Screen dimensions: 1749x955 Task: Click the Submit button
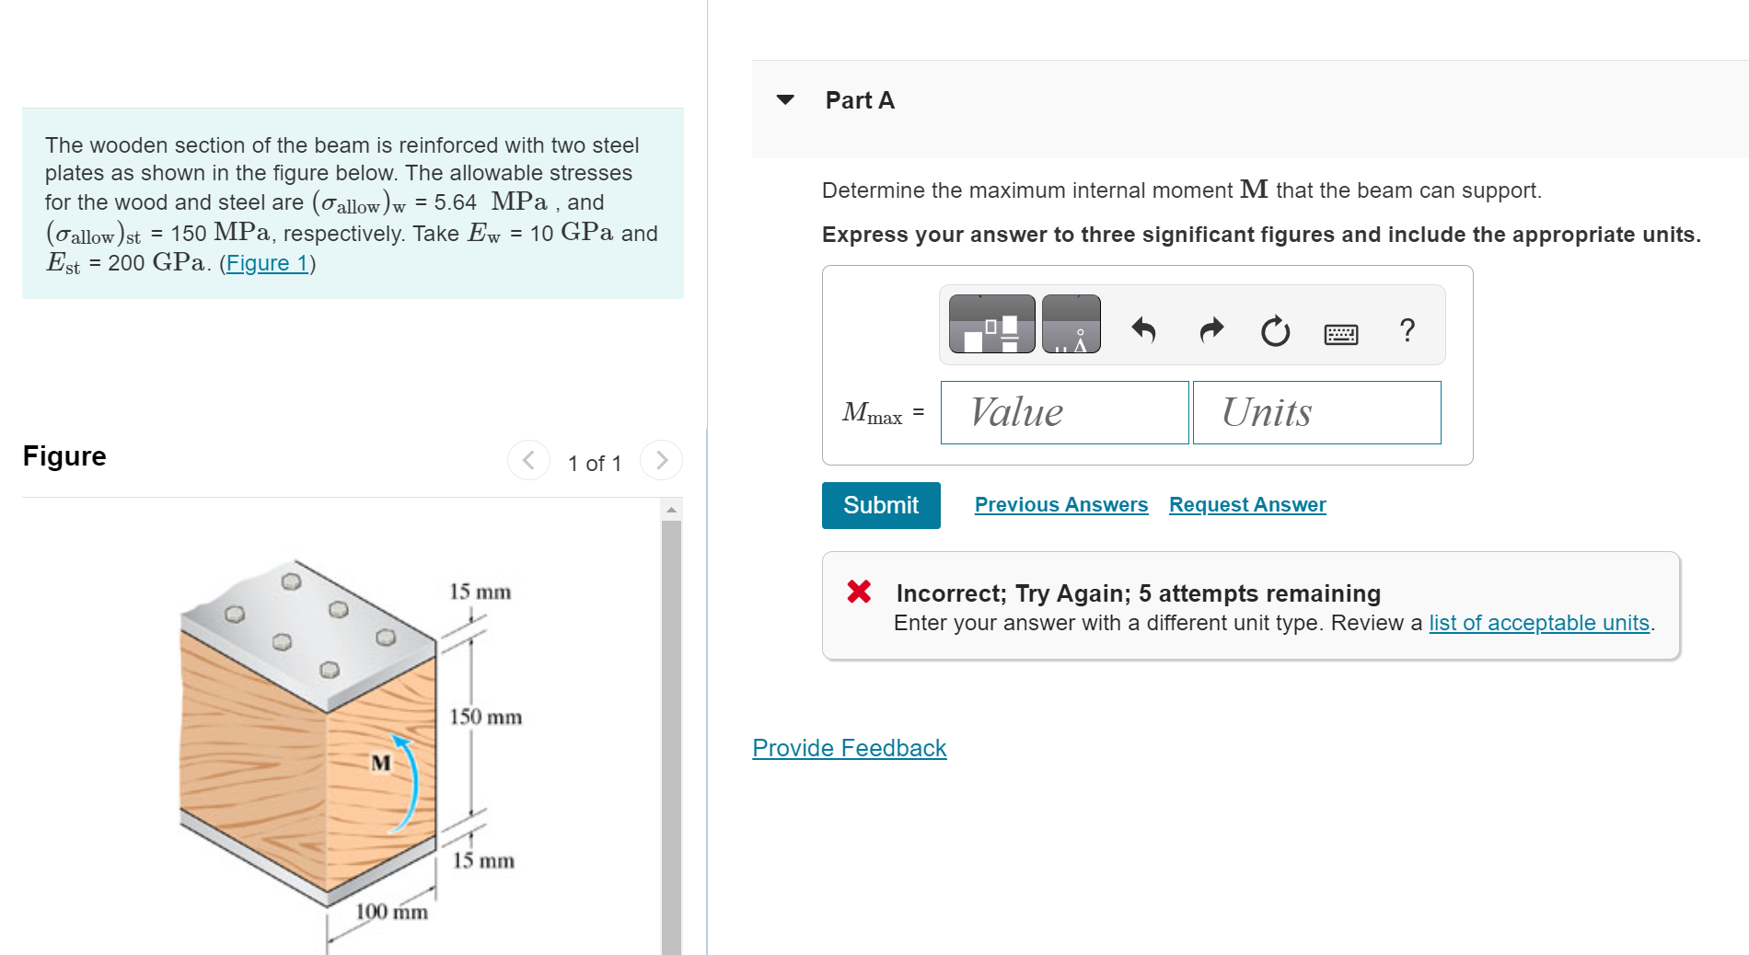click(881, 505)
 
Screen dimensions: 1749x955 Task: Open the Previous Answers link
click(1061, 505)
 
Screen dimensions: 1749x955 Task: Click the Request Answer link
click(1247, 505)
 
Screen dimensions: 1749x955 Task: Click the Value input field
click(1065, 412)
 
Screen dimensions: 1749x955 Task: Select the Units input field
click(1317, 412)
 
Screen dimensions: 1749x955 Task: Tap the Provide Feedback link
click(850, 748)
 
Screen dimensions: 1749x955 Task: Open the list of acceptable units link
click(1539, 623)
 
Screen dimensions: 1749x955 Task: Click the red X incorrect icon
click(859, 591)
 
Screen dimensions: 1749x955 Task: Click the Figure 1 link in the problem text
click(267, 263)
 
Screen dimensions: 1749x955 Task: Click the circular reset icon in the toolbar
click(1275, 330)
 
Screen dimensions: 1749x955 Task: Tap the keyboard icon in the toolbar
click(1340, 333)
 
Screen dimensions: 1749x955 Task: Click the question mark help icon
click(1407, 329)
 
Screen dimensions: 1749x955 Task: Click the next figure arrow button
click(661, 460)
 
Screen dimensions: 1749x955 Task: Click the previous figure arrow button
click(528, 460)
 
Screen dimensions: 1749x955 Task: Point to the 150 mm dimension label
click(485, 717)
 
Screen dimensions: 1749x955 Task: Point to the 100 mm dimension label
click(392, 912)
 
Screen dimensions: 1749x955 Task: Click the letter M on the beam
click(380, 763)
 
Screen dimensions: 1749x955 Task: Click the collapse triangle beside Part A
click(785, 99)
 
